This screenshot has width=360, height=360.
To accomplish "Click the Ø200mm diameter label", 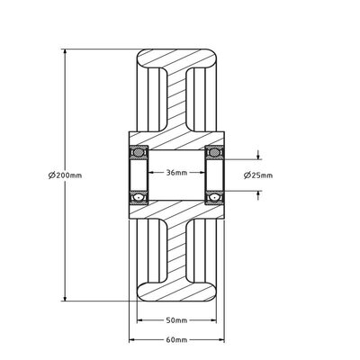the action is (65, 175).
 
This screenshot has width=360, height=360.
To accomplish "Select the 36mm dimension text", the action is (176, 173).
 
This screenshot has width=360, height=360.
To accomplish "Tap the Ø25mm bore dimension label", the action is (258, 175).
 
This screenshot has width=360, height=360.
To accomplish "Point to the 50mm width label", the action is (176, 320).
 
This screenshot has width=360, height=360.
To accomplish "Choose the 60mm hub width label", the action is (176, 340).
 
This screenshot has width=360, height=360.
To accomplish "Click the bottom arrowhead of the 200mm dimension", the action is (65, 297).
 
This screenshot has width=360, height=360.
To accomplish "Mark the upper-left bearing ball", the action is (139, 153).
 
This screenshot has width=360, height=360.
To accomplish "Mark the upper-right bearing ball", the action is (214, 153).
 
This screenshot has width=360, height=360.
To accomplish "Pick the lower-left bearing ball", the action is (139, 197).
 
